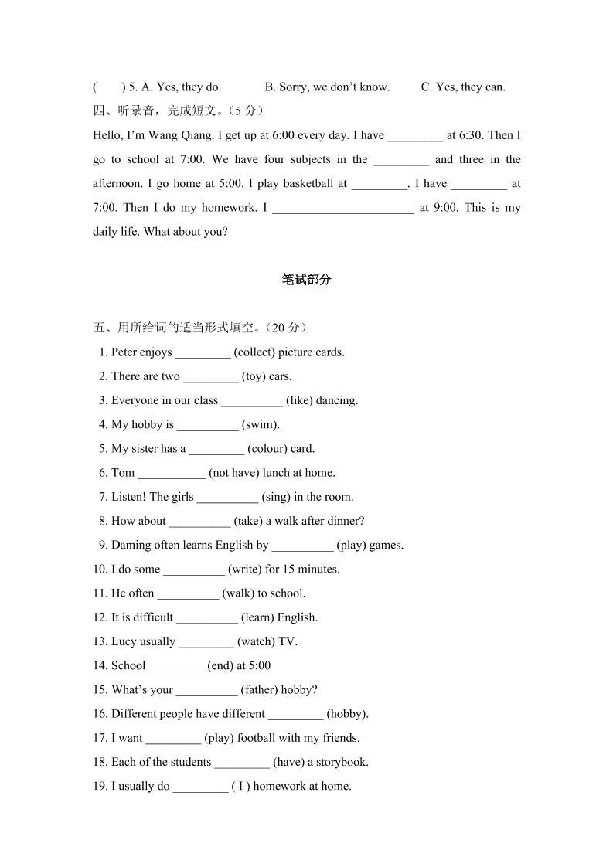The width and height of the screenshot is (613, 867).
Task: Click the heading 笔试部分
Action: [x=306, y=280]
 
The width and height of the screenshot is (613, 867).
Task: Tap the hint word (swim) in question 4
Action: [x=261, y=424]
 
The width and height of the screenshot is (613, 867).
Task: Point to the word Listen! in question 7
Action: [x=129, y=497]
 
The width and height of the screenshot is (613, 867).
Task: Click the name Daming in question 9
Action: [x=131, y=545]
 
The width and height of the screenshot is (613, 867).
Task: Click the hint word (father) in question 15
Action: [x=259, y=689]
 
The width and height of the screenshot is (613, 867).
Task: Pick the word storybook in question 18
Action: [x=342, y=762]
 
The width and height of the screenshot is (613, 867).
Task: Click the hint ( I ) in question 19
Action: [x=240, y=786]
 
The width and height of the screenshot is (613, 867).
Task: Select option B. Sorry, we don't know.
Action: [x=327, y=87]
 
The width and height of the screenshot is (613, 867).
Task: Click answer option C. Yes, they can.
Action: [x=463, y=87]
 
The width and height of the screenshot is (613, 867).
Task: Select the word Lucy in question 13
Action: [x=124, y=641]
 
